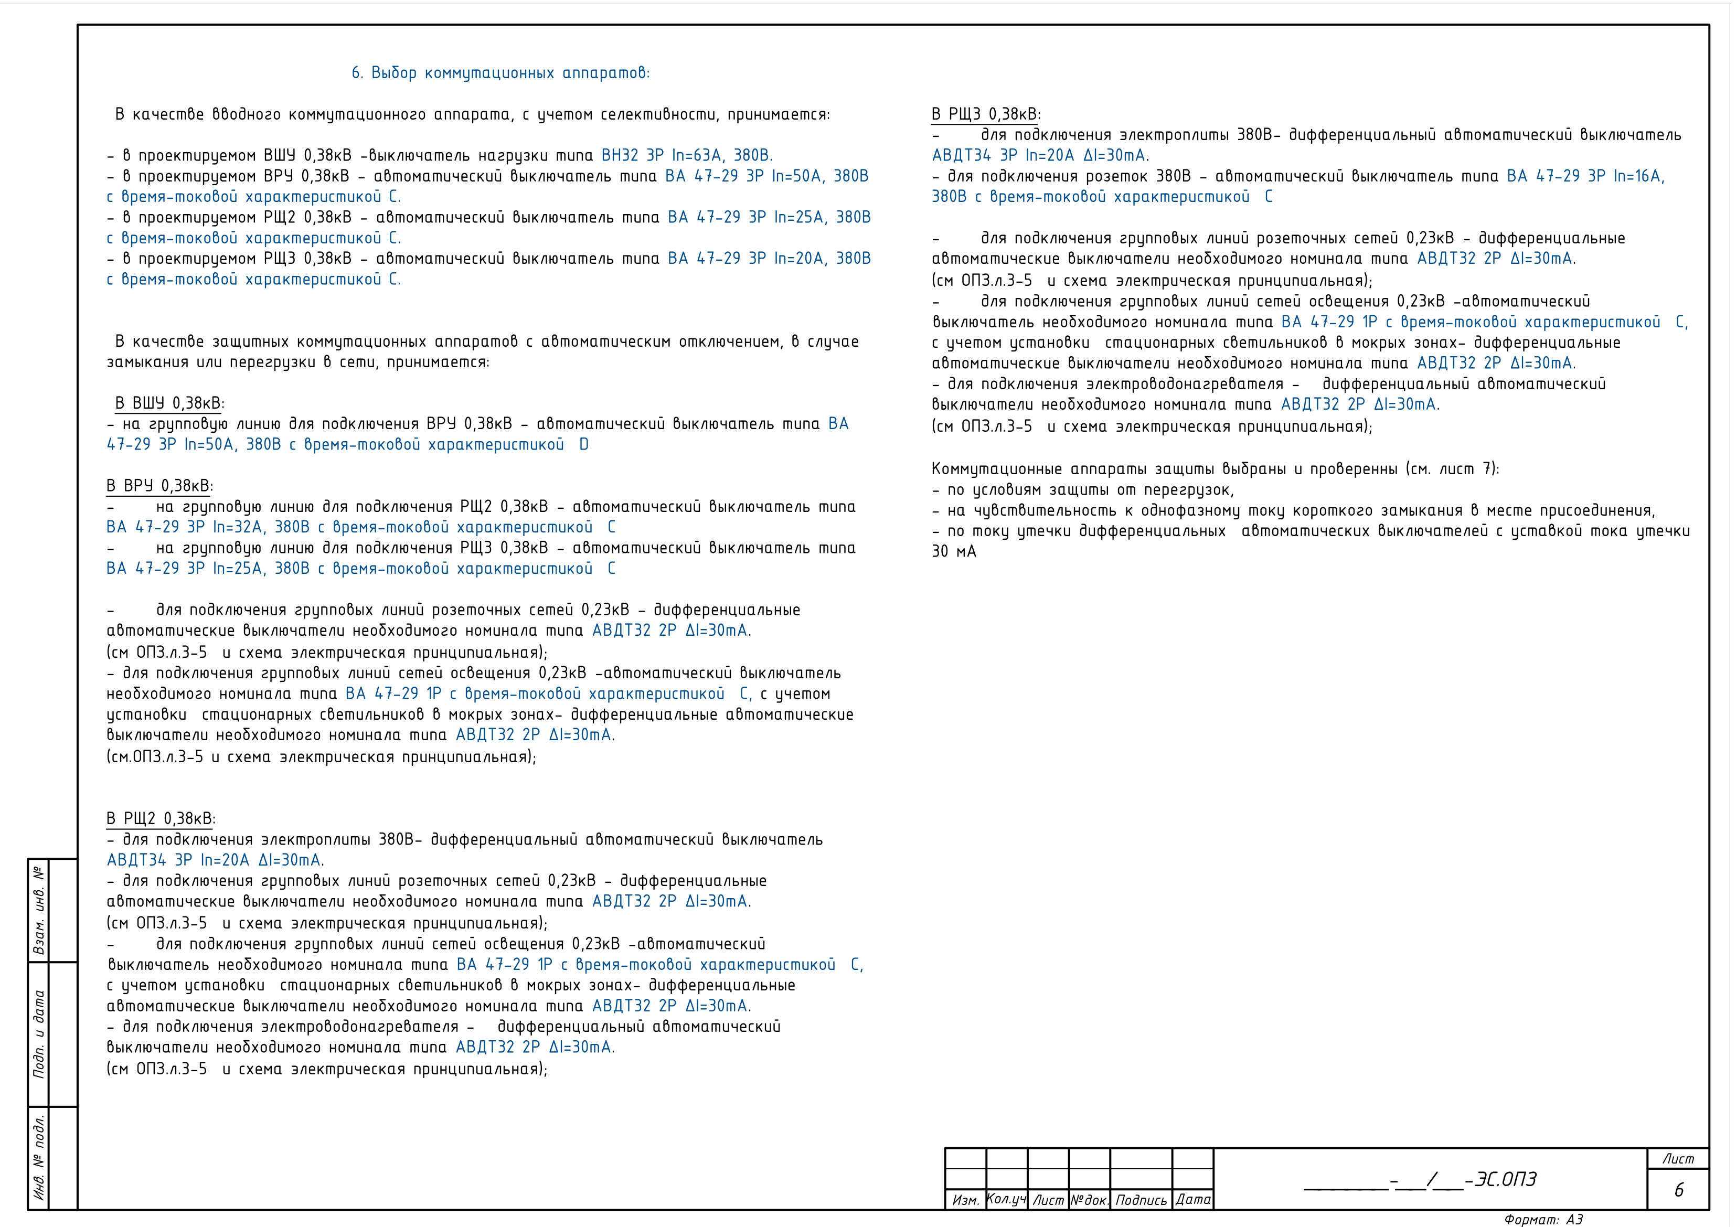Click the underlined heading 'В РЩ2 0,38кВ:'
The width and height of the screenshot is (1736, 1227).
coord(161,819)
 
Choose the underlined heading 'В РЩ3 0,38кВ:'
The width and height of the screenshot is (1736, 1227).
coord(985,115)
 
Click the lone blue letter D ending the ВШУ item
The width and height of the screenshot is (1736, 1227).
coord(584,444)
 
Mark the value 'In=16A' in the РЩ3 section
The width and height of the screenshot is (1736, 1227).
coord(1638,176)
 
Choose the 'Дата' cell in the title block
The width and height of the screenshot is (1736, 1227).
coord(1193,1200)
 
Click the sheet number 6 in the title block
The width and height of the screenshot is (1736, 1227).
coord(1678,1190)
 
